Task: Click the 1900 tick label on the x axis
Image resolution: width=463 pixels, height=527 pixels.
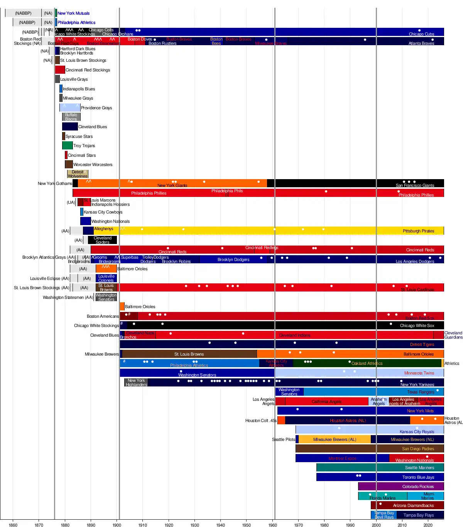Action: (117, 525)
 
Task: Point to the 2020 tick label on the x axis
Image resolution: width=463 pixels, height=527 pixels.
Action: (428, 525)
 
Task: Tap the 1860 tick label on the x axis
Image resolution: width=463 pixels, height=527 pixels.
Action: (13, 525)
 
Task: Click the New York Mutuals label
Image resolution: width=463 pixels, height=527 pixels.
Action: (73, 13)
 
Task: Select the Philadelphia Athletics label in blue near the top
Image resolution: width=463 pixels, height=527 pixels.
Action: (76, 23)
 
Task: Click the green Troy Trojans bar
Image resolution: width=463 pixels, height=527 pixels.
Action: (67, 146)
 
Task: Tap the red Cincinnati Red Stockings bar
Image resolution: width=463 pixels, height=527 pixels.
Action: (60, 70)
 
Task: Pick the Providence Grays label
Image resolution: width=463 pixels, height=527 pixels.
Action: (96, 108)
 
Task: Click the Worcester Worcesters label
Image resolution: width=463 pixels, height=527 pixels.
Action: (93, 165)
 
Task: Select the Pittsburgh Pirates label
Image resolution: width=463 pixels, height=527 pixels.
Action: (418, 231)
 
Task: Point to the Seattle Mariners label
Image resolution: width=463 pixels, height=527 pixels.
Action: (419, 468)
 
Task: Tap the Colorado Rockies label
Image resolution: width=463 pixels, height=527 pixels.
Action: (418, 487)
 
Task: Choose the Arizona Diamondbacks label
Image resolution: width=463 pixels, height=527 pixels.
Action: (413, 506)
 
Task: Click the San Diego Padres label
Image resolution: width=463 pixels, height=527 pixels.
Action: (418, 449)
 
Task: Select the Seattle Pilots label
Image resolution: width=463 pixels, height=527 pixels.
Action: (284, 440)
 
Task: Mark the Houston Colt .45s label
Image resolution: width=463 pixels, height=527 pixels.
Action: (261, 421)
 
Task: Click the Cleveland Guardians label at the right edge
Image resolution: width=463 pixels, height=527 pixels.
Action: (453, 335)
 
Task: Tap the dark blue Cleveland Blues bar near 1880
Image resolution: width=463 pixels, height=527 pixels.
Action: (70, 127)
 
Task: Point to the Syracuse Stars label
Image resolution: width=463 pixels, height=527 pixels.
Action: (79, 136)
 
